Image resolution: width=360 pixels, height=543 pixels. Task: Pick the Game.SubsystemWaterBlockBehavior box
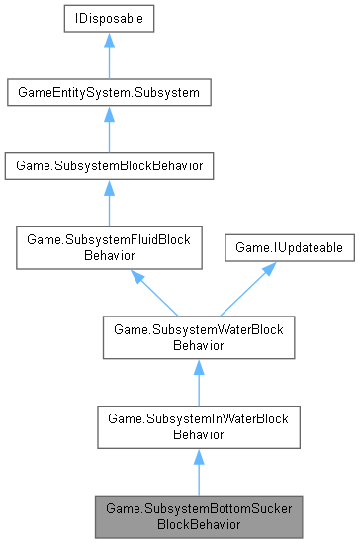(199, 337)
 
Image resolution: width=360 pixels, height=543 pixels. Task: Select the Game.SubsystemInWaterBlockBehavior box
(199, 426)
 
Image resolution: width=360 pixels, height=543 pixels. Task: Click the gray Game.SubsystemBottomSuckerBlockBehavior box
(199, 515)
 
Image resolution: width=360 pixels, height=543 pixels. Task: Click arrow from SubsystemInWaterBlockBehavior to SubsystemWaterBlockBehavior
(199, 382)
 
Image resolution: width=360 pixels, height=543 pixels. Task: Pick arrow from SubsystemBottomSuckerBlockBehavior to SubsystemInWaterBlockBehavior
(199, 471)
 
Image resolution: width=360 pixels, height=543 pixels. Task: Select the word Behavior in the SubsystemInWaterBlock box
(199, 433)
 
